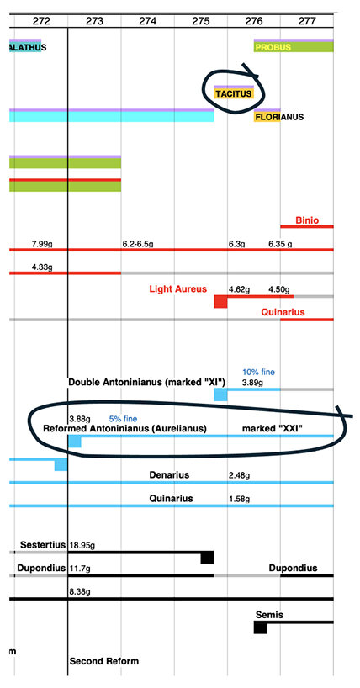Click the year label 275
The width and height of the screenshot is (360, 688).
[x=201, y=21]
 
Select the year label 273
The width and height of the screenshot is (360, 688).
[x=95, y=21]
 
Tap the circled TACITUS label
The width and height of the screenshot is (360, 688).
[x=234, y=93]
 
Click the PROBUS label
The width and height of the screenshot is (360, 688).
[x=273, y=47]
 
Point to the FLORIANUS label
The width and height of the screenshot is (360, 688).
[x=279, y=117]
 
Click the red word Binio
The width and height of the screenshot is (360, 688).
[x=307, y=220]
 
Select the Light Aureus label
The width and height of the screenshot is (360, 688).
[x=177, y=288]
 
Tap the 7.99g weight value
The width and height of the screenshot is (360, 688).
[x=42, y=244]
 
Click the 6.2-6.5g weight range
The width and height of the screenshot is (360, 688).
[x=138, y=244]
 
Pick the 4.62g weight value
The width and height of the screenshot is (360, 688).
[x=239, y=289]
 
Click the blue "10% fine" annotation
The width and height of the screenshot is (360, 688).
[x=258, y=372]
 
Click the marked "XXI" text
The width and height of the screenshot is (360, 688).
[x=273, y=429]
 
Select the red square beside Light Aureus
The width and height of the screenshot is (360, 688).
[x=220, y=301]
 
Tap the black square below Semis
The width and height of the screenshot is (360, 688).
[x=261, y=627]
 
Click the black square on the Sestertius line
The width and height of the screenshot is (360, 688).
[x=207, y=558]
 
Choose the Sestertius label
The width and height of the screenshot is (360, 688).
[x=43, y=545]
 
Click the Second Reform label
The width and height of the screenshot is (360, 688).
[x=104, y=661]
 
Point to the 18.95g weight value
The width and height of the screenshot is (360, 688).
[x=82, y=546]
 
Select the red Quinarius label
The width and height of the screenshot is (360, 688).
[x=283, y=312]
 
